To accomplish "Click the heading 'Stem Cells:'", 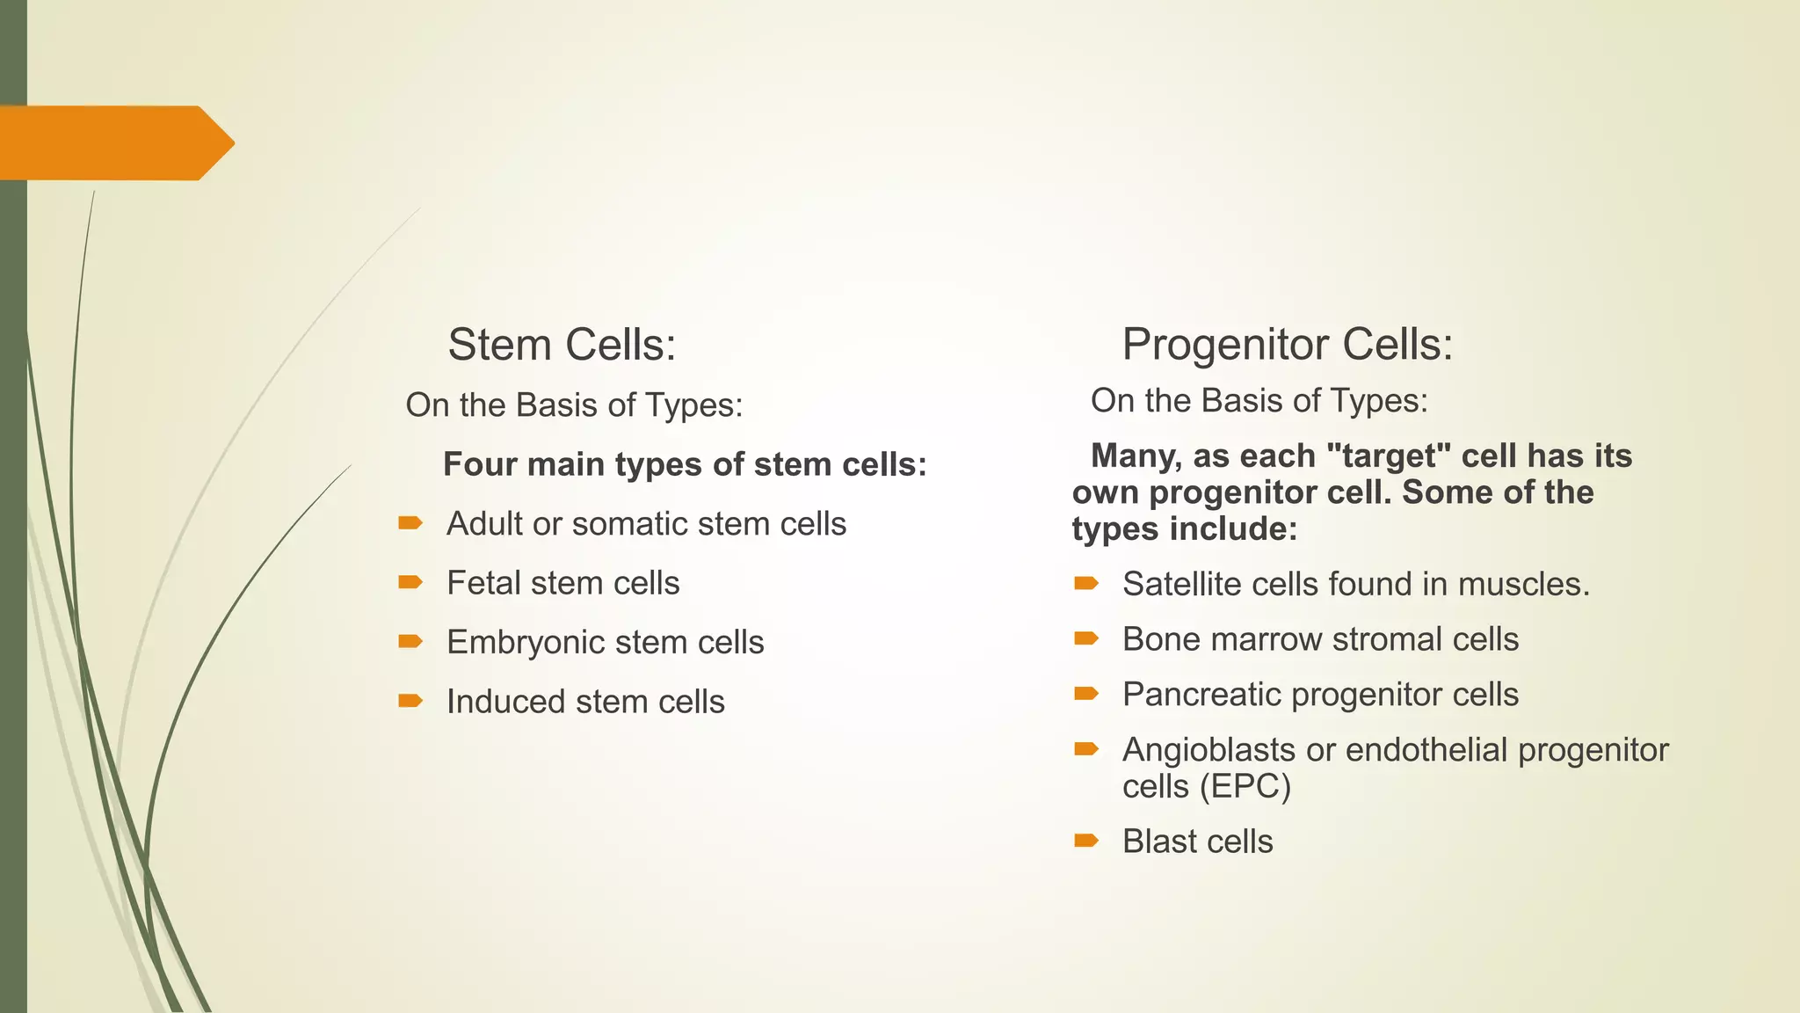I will pos(562,344).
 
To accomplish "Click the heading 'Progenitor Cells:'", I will pos(1287,344).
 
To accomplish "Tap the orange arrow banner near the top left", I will pos(114,142).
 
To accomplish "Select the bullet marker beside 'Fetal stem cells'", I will pos(410,582).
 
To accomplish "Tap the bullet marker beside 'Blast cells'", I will pos(1086,841).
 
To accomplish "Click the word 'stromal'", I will pos(1388,639).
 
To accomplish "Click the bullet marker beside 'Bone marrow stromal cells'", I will pos(1086,638).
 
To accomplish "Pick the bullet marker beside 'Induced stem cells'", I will pos(410,701).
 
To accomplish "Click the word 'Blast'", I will pos(1160,842).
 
